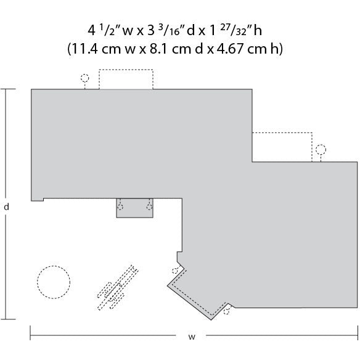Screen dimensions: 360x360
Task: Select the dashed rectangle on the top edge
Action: click(x=126, y=80)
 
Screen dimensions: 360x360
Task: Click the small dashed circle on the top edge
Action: click(x=84, y=79)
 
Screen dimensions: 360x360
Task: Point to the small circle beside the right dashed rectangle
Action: click(x=321, y=149)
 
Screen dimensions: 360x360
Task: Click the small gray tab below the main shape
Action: click(x=134, y=209)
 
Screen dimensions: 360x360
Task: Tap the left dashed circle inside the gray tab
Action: click(x=121, y=207)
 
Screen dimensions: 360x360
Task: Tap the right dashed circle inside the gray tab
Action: click(x=149, y=207)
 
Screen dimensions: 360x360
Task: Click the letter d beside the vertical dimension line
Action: click(x=6, y=207)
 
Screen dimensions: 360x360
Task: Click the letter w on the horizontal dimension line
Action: click(x=192, y=337)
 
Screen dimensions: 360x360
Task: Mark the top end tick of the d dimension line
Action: click(x=7, y=89)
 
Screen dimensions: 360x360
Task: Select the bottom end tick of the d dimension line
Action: click(x=7, y=319)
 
